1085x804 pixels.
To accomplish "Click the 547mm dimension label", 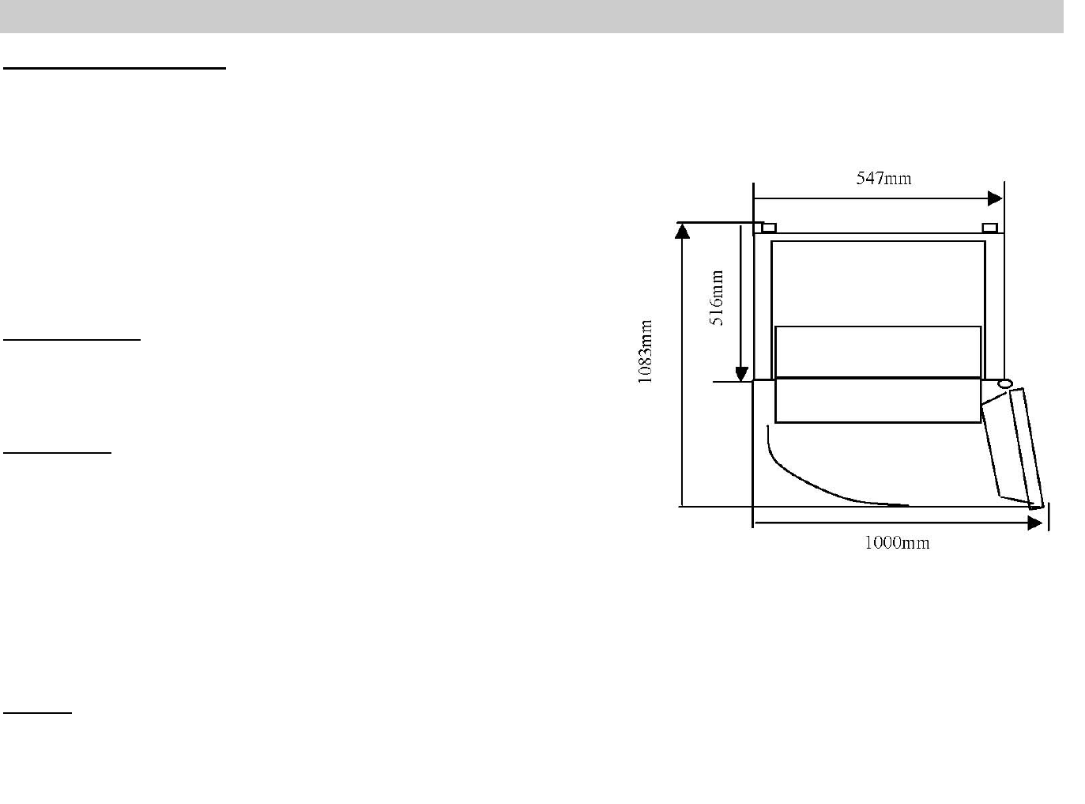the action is click(883, 178).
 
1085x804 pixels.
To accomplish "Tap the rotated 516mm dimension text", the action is click(716, 297).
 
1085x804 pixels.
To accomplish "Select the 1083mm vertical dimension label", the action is click(645, 352).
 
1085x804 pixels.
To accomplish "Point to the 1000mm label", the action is click(897, 542).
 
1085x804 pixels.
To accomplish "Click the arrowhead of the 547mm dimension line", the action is click(995, 198).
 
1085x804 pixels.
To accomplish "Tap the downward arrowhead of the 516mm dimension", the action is click(741, 374).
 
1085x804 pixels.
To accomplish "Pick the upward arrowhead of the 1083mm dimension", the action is click(683, 231).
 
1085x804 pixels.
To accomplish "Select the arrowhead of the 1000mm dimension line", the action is click(1034, 523).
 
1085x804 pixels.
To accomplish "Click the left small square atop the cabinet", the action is click(768, 228).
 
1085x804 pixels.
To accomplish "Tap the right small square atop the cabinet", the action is click(990, 228).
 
